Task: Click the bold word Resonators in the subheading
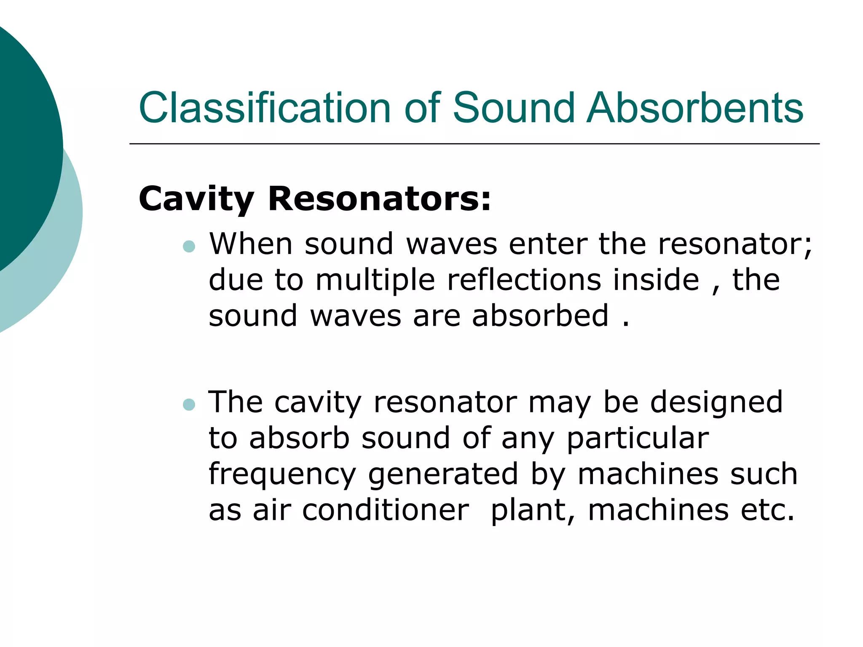pos(380,198)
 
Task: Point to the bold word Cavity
pos(196,199)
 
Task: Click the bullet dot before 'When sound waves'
pos(189,246)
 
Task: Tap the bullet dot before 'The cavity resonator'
pos(189,404)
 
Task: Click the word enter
pos(548,244)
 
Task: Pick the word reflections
pos(524,280)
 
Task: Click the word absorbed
pos(540,315)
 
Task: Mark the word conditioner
pos(386,510)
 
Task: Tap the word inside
pos(656,280)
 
